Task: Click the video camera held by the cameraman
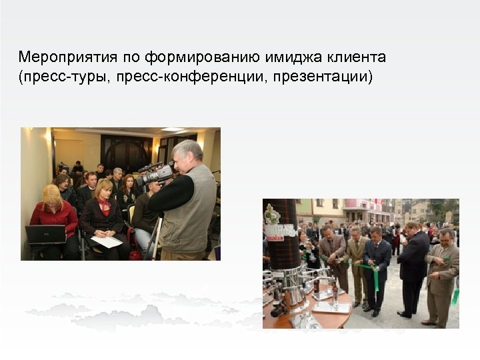(x=155, y=175)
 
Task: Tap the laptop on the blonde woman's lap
(x=45, y=235)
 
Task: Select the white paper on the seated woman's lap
(x=107, y=241)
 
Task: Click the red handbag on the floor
(x=135, y=255)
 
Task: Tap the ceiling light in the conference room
(x=172, y=130)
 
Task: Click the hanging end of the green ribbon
(x=376, y=281)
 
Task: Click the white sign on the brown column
(x=281, y=231)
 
